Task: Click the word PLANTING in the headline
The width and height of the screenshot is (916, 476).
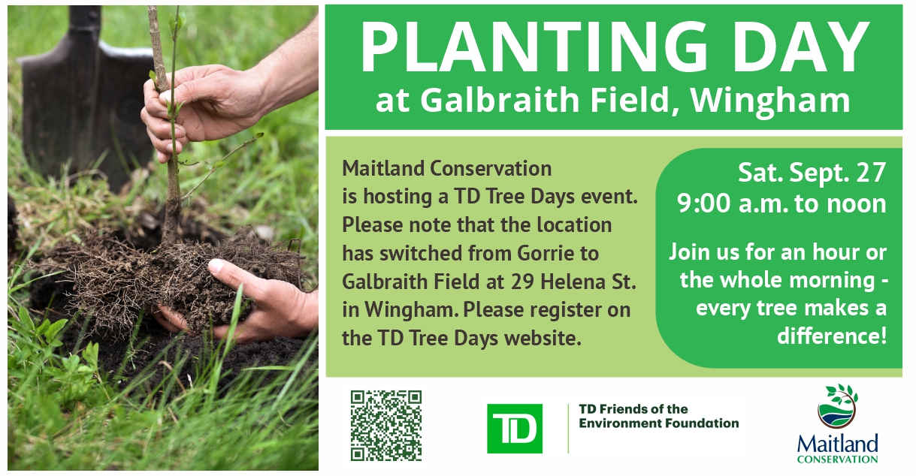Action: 534,47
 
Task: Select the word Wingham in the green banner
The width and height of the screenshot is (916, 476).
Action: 770,101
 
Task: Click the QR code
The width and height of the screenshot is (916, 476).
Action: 386,426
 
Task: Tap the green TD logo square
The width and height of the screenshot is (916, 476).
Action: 515,428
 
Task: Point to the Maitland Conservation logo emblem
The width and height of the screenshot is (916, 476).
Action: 838,405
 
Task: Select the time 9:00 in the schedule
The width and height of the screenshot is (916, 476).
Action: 703,203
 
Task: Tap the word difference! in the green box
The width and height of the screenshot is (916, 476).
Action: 832,336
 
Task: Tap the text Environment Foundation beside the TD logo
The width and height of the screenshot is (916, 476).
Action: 659,423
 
